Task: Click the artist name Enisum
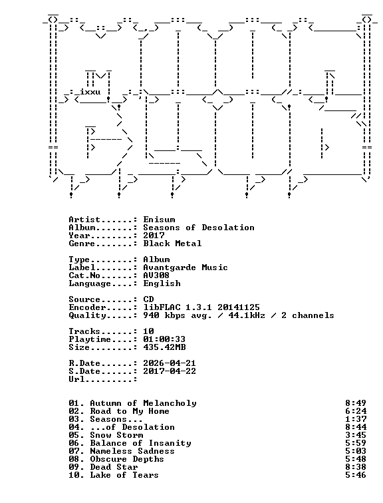(159, 220)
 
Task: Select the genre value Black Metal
(172, 244)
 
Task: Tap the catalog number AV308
(156, 275)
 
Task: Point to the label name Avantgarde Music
(186, 267)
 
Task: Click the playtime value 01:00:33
(164, 339)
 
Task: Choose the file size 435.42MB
(164, 347)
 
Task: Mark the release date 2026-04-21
(170, 363)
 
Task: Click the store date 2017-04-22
(170, 371)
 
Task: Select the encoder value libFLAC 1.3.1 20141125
(201, 307)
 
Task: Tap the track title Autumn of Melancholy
(143, 404)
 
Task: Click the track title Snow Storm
(116, 435)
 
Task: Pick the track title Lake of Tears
(124, 475)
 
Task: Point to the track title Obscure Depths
(127, 459)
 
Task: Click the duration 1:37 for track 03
(356, 419)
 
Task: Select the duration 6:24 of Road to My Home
(356, 411)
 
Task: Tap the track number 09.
(74, 467)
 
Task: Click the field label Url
(76, 379)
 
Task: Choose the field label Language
(90, 283)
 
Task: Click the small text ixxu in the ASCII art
(90, 92)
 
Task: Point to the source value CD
(148, 299)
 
